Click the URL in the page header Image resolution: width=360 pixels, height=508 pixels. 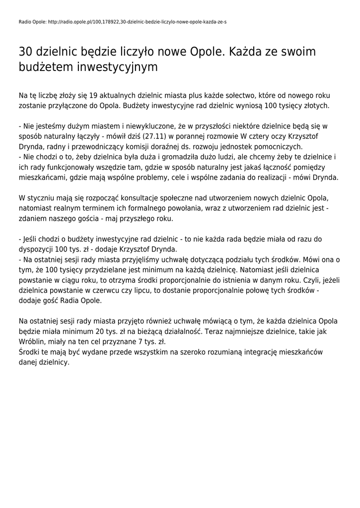(139, 22)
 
